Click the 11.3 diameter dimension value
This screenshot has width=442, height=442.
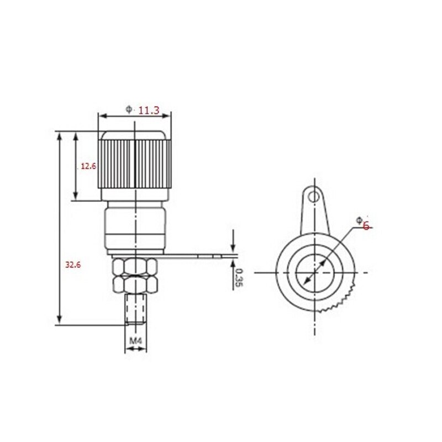tap(149, 111)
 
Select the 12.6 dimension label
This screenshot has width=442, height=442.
tap(89, 166)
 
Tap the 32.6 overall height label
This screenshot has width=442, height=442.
tap(73, 265)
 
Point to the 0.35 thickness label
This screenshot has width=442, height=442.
tap(239, 277)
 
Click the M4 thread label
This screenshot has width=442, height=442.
tap(136, 341)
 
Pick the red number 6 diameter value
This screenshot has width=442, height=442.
tap(365, 225)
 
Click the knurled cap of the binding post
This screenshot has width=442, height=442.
tap(135, 166)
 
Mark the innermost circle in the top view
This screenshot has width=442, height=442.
tap(313, 273)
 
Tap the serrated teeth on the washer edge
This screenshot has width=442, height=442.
tap(343, 301)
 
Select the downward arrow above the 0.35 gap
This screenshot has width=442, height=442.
tap(234, 243)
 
